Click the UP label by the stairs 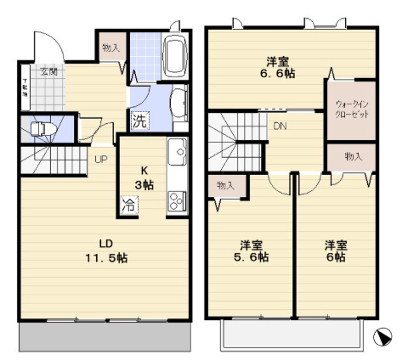tap(100, 160)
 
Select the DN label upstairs tap(280, 127)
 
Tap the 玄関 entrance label tap(46, 71)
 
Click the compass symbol tap(385, 337)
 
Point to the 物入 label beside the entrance tap(111, 48)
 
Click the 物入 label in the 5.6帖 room tap(225, 185)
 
